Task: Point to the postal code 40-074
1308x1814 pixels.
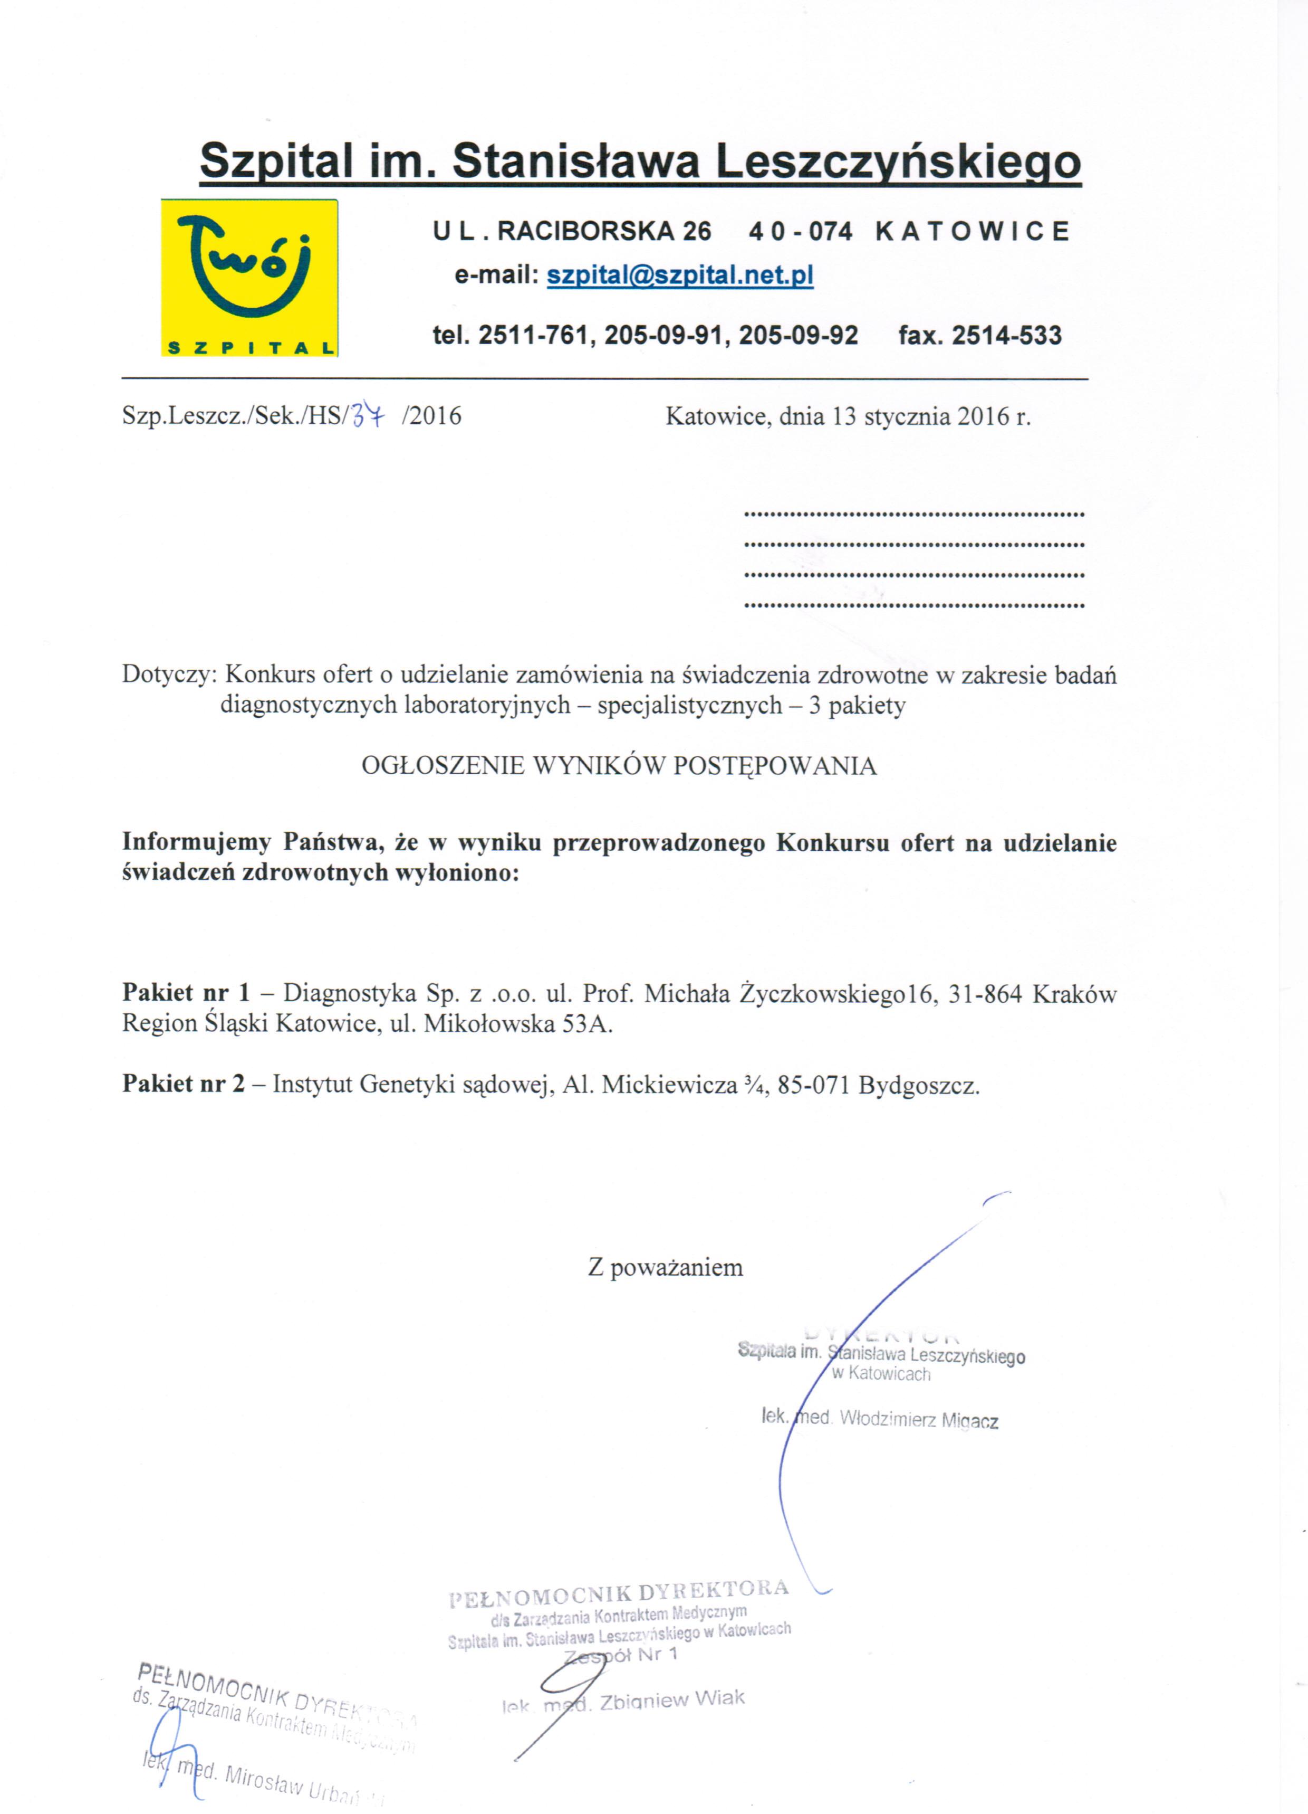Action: tap(800, 231)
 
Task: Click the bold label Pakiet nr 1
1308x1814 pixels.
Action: tap(186, 993)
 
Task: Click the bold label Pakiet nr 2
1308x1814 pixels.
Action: tap(183, 1085)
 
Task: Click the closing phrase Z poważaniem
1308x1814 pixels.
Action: tap(665, 1268)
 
